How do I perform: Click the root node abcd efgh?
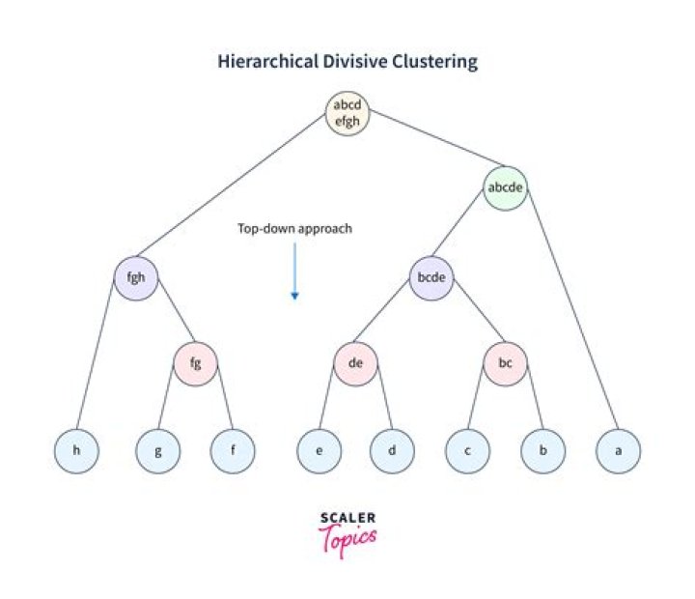[x=347, y=114]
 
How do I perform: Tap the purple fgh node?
[x=136, y=277]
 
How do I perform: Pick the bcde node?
[x=431, y=277]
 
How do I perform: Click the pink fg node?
[x=196, y=363]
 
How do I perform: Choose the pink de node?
[x=356, y=363]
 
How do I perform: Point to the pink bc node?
[x=506, y=363]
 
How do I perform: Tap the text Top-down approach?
[x=294, y=229]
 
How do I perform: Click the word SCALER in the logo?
[x=347, y=519]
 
